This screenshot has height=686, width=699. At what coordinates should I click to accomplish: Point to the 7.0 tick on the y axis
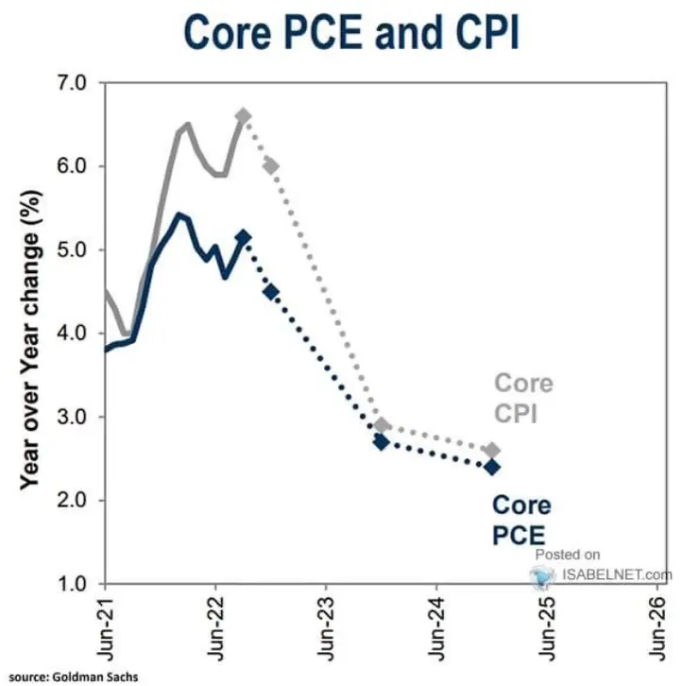pyautogui.click(x=73, y=83)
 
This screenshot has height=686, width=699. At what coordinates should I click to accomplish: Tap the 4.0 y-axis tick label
pyautogui.click(x=73, y=334)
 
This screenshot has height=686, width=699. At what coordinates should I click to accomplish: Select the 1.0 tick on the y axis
pyautogui.click(x=73, y=583)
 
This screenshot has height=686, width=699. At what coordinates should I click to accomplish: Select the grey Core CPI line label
pyautogui.click(x=524, y=398)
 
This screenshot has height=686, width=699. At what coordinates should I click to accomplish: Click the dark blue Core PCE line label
pyautogui.click(x=520, y=519)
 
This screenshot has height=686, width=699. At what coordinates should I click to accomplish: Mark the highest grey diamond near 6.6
pyautogui.click(x=243, y=116)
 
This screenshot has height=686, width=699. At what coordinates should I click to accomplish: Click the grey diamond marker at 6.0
pyautogui.click(x=270, y=166)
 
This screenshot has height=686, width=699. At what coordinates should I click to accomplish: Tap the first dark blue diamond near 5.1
pyautogui.click(x=243, y=237)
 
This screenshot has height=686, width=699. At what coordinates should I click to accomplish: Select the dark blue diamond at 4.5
pyautogui.click(x=270, y=292)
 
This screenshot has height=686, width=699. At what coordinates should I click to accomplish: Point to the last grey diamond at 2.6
pyautogui.click(x=492, y=450)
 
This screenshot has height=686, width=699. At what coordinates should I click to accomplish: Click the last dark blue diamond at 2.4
pyautogui.click(x=492, y=467)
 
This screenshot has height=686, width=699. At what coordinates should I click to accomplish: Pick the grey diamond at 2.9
pyautogui.click(x=382, y=425)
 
